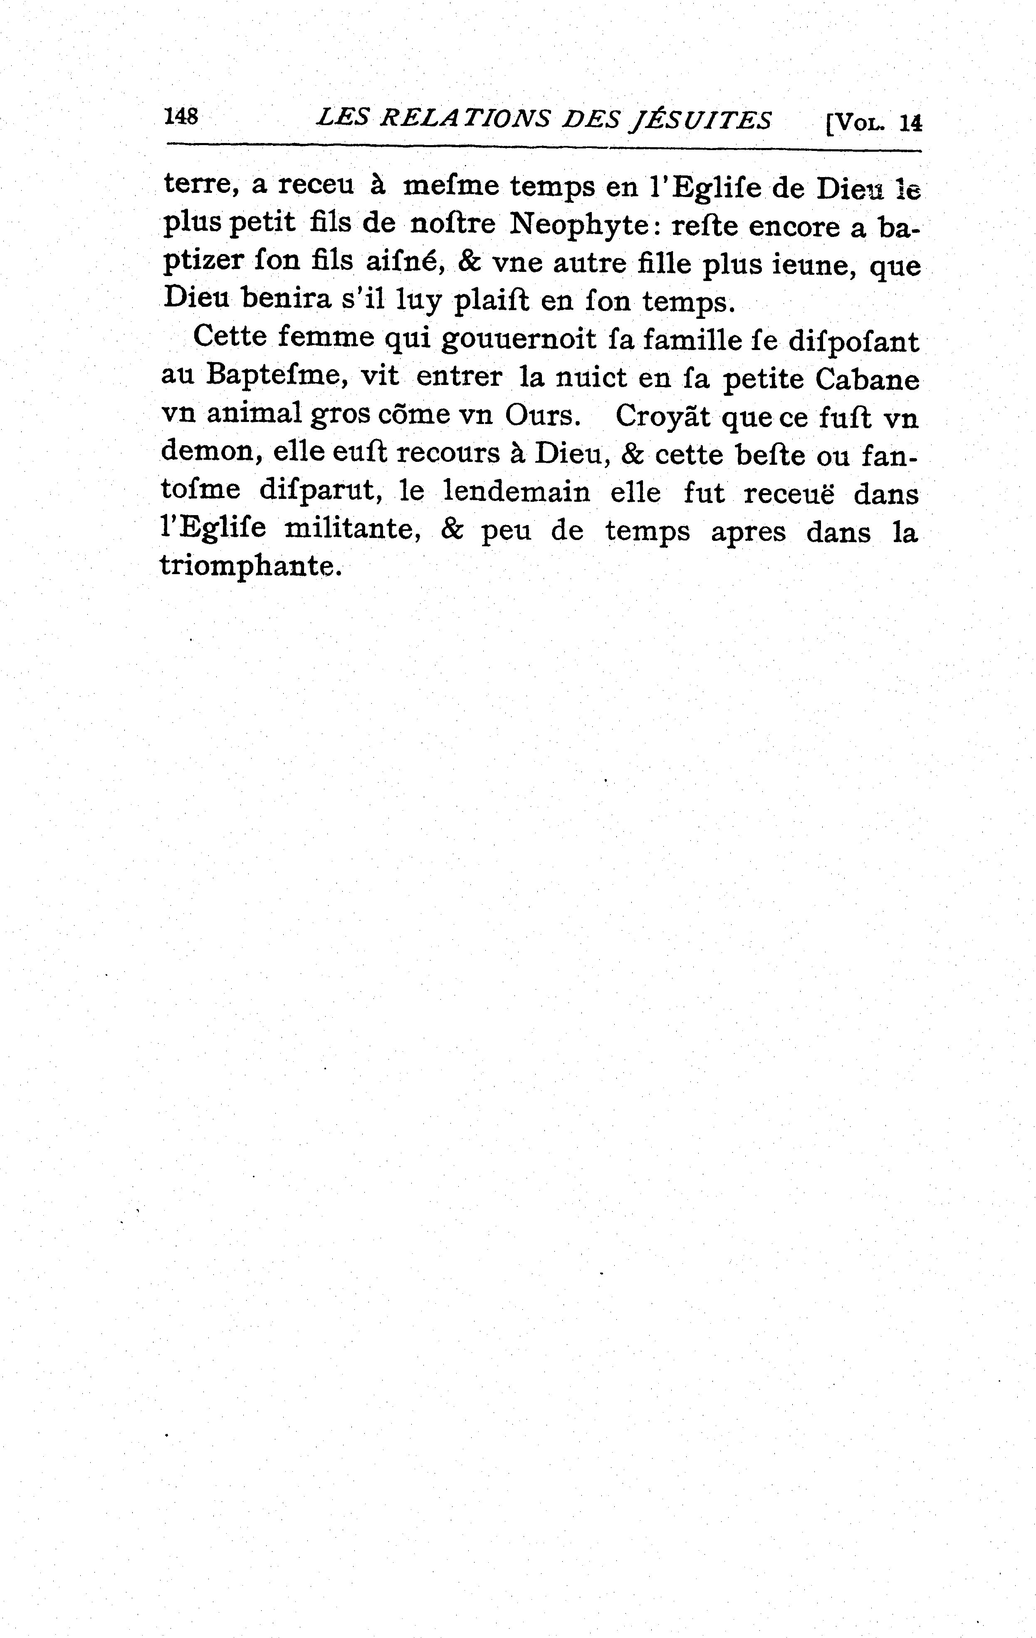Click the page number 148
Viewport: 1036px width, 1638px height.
(180, 116)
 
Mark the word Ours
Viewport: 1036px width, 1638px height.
(542, 416)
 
